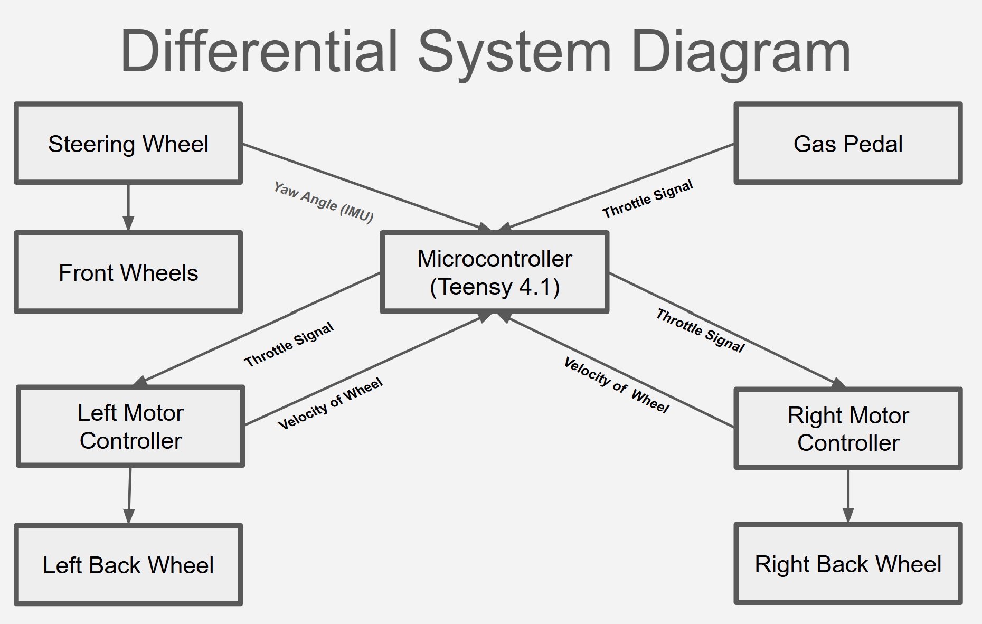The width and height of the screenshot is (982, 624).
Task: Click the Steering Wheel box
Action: (128, 143)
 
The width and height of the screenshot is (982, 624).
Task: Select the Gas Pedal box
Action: (848, 143)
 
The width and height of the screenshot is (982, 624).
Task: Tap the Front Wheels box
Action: (128, 272)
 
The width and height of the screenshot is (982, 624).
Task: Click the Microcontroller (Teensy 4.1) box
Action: (495, 272)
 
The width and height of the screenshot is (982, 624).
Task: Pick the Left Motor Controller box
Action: (130, 426)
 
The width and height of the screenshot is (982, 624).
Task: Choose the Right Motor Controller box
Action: (848, 428)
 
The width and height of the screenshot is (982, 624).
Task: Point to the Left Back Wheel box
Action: (128, 564)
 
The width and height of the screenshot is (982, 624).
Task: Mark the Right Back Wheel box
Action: (848, 563)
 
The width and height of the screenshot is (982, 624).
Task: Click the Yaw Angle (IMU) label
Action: (324, 202)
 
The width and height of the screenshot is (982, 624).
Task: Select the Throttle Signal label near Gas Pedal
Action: (647, 199)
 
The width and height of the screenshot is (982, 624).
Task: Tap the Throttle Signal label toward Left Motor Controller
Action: (289, 344)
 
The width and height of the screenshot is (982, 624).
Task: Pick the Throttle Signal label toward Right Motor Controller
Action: (701, 330)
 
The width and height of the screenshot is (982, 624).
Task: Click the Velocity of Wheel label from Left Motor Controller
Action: (331, 404)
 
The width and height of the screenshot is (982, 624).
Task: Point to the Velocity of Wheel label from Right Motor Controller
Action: (617, 385)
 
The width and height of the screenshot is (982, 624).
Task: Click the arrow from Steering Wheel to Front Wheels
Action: (128, 207)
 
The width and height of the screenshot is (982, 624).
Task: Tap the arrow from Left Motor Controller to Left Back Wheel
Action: (129, 495)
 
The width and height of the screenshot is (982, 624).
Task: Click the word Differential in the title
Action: (259, 52)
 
